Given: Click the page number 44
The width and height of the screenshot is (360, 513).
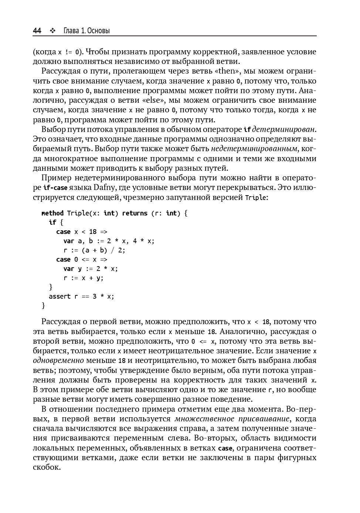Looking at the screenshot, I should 37,31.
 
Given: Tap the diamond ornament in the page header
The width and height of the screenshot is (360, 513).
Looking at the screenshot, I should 52,31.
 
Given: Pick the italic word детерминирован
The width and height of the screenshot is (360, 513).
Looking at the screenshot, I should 284,129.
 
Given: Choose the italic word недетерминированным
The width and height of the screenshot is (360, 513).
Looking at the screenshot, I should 254,149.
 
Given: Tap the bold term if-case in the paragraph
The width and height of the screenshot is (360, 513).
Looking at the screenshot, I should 55,188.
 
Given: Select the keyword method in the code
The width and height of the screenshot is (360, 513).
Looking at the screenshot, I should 52,213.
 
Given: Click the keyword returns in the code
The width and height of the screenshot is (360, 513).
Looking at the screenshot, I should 135,213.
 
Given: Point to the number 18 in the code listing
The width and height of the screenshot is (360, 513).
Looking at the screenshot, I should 93,232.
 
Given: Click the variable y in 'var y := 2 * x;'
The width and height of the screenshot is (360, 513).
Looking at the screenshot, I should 80,269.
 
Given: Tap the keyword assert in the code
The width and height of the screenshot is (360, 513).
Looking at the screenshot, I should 60,296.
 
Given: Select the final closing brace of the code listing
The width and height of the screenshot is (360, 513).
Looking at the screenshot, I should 44,306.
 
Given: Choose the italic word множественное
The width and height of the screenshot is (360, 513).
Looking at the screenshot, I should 204,419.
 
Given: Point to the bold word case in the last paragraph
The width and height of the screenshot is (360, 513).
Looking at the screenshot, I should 225,448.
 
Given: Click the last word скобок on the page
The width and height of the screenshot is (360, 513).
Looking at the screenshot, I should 47,467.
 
